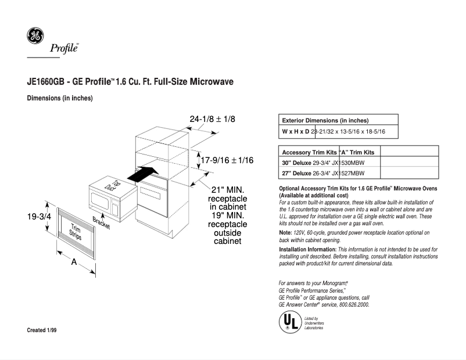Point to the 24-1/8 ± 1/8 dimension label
212,119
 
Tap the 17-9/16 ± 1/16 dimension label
227,160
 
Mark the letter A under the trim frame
74,262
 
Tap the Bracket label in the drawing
101,223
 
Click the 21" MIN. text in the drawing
227,190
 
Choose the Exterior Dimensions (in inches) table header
325,120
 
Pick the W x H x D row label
295,132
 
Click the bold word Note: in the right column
286,232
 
